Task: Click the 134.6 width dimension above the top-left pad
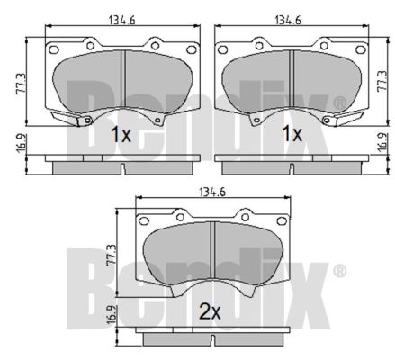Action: click(122, 20)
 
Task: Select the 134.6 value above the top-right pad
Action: click(288, 20)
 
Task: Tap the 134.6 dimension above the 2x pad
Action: click(212, 192)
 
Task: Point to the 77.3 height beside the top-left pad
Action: click(22, 84)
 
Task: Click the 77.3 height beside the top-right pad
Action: click(382, 81)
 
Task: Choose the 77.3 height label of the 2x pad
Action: click(111, 255)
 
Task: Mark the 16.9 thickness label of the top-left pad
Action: click(22, 144)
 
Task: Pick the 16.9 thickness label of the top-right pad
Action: click(382, 143)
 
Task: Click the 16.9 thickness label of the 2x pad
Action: click(112, 315)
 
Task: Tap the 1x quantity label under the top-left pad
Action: click(121, 134)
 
